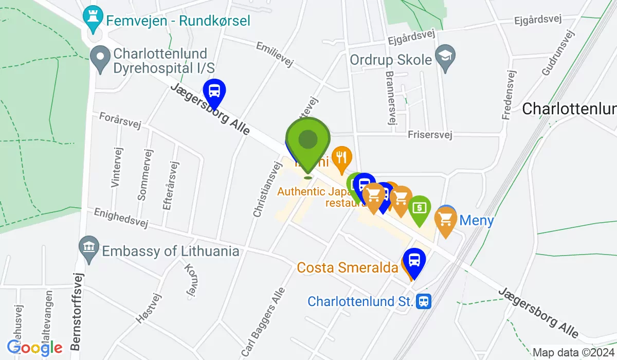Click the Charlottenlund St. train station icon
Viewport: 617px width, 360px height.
424,301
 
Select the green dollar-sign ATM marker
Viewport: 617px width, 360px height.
420,208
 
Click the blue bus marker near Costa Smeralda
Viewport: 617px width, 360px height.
414,261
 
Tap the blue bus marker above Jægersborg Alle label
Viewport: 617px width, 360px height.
214,92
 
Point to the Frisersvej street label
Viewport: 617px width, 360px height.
429,135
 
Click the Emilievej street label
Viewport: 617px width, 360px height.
275,55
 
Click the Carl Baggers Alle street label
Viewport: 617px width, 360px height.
263,321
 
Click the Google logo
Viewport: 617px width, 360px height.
35,348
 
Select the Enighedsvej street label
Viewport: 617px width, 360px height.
121,218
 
